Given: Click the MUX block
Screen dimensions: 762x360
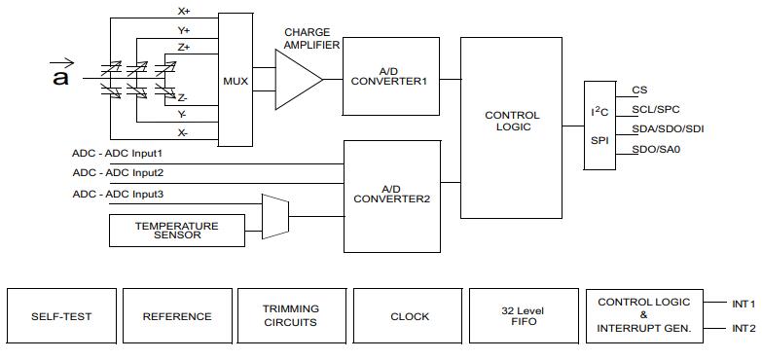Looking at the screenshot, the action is point(236,80).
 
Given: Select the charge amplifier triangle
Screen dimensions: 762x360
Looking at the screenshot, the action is point(299,79).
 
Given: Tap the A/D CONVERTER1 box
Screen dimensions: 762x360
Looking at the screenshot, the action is point(391,76).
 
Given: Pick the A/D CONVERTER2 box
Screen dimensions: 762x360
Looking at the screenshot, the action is point(392,197).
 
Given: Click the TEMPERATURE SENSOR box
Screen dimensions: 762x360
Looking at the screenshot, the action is point(177,231).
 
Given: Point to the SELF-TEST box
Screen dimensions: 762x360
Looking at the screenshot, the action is point(61,316).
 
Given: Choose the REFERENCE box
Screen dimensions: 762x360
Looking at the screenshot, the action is point(177,316).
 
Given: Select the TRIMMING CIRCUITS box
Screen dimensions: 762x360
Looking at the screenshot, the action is point(292,316).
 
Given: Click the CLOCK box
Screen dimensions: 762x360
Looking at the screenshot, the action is point(408,316).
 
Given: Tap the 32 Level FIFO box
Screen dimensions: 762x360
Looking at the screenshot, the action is point(524,316).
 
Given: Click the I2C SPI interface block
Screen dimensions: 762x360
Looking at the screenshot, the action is point(599,126).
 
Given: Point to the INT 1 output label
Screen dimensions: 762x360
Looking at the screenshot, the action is point(744,305).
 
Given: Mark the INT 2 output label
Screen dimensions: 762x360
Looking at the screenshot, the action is point(744,329).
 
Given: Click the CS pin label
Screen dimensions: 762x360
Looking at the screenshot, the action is point(639,90).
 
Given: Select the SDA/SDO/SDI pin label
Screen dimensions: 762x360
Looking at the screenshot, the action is point(668,128).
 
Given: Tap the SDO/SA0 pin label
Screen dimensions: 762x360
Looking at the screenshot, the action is point(656,149).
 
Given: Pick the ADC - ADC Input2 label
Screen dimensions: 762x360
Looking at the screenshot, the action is point(118,172).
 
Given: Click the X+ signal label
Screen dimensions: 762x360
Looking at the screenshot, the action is point(183,10).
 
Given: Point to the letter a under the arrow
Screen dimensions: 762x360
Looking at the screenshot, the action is point(60,78).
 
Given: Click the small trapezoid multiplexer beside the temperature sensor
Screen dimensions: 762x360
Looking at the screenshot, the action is point(275,217).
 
